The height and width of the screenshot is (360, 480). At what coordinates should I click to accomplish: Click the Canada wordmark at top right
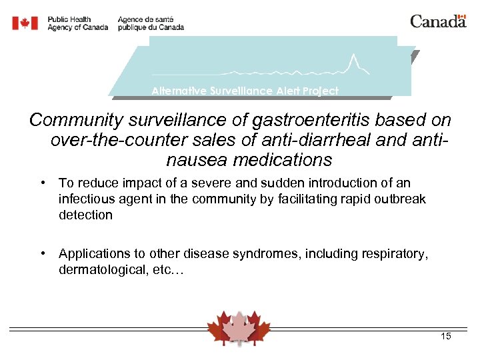pos(437,21)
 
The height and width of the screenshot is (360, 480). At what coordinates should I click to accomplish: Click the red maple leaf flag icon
pos(25,23)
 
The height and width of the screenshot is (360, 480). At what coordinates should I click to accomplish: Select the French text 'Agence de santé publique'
pos(150,23)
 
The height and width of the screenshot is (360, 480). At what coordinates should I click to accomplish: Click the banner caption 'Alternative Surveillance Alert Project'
pos(245,91)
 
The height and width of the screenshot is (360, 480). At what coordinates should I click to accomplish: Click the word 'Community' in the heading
pos(75,121)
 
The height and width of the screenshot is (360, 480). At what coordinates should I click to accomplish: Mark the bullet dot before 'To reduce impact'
pos(42,183)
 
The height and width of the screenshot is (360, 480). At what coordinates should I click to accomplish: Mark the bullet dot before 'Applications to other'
pos(42,253)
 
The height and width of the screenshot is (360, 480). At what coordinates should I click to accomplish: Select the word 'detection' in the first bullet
pos(85,215)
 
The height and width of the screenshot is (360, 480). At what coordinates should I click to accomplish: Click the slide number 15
pos(445,337)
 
